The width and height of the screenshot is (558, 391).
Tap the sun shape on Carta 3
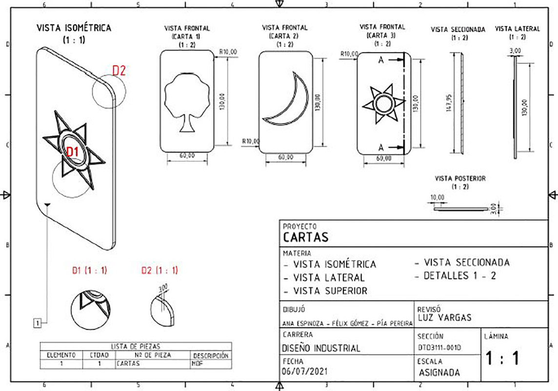tap(383, 105)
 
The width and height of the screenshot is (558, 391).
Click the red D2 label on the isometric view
tap(119, 70)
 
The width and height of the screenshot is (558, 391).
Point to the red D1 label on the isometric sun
tap(73, 152)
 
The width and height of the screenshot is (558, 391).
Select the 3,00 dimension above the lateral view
tap(515, 50)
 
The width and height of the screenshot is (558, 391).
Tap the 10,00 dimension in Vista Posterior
tap(438, 197)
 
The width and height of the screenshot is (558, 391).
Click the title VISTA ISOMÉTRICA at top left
tap(74, 28)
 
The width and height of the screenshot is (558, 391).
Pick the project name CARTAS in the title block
tap(305, 238)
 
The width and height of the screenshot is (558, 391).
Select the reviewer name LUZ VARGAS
tap(445, 318)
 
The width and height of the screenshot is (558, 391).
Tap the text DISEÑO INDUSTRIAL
tap(321, 348)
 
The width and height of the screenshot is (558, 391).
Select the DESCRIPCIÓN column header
tap(211, 356)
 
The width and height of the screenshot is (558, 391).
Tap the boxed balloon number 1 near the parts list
tap(38, 322)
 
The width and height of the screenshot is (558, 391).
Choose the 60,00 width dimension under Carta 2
tap(285, 157)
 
